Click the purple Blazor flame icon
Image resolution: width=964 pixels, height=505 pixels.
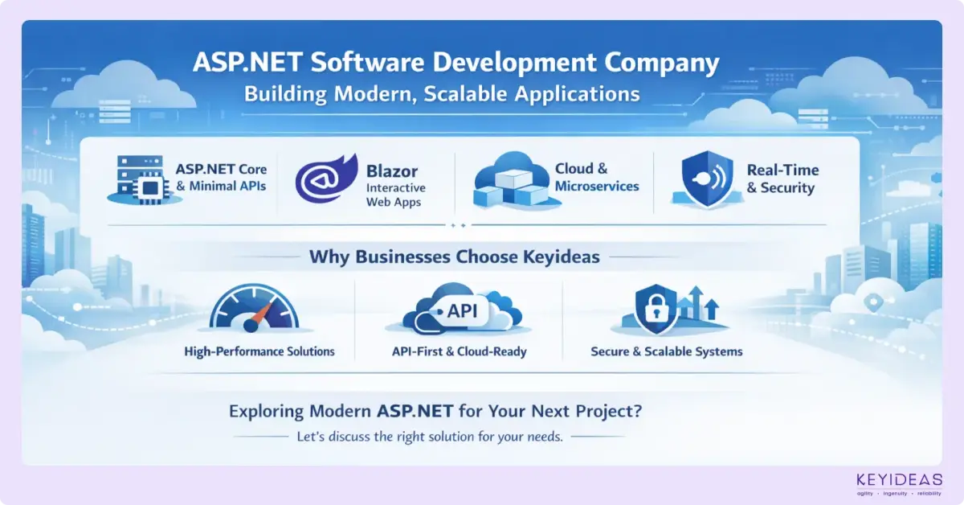[324, 180]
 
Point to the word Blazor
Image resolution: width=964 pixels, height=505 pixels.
[394, 170]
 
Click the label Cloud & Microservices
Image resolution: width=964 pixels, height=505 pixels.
[597, 178]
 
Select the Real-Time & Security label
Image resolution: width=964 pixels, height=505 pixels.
[780, 179]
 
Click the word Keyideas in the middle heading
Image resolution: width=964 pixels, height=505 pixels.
[553, 257]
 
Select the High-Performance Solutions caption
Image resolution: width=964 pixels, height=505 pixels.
[259, 351]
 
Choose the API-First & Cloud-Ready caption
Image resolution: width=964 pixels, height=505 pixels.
[459, 351]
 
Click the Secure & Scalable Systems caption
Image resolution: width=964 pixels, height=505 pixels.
[666, 351]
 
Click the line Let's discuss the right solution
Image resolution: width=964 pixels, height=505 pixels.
[430, 437]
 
